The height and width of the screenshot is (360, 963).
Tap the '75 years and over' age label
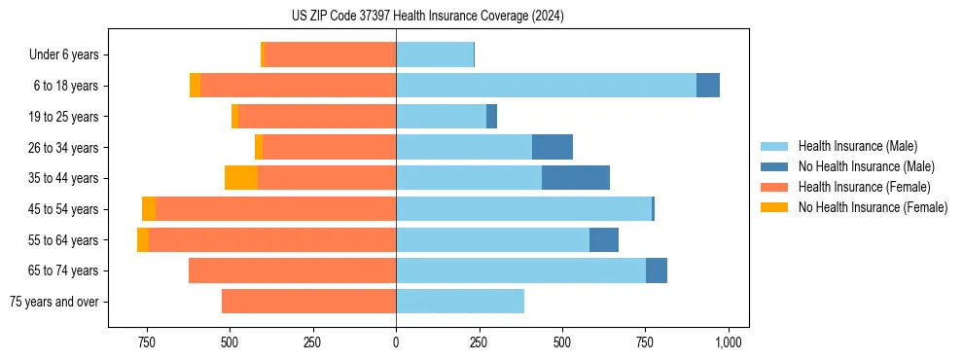(x=53, y=302)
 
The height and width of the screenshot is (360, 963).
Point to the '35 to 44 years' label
(x=63, y=178)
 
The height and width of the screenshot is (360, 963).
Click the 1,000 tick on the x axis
(x=728, y=342)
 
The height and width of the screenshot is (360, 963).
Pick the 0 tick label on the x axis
(x=396, y=342)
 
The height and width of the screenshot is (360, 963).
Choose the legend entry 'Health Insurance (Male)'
(x=857, y=146)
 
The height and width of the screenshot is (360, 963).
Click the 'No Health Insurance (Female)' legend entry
(x=873, y=207)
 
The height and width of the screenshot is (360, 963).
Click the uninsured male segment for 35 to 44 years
(x=576, y=178)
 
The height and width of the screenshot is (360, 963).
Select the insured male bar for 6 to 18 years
(x=546, y=86)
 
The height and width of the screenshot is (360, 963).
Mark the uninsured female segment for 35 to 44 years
(x=241, y=178)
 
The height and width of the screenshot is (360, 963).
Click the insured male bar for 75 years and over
(x=460, y=302)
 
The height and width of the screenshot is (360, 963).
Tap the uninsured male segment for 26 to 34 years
(x=553, y=147)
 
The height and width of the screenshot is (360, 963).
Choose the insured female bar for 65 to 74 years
(x=292, y=270)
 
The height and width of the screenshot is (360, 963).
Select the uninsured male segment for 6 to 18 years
(x=708, y=86)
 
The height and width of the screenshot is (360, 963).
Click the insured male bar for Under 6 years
(x=435, y=55)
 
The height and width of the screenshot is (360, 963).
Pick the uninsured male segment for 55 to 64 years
(x=604, y=240)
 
